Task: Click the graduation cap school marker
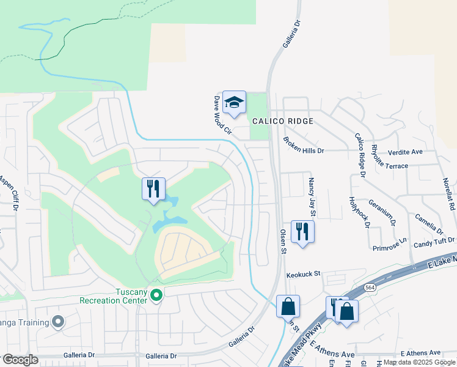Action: (x=233, y=103)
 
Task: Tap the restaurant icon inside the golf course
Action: (x=153, y=188)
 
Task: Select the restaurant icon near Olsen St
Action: (x=302, y=231)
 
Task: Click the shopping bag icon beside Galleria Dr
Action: (x=288, y=306)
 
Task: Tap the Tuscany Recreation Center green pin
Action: (x=156, y=295)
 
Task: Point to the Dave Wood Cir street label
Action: (x=223, y=114)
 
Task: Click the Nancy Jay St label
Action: (x=312, y=198)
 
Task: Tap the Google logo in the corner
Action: (x=20, y=359)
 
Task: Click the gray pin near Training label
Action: (x=59, y=321)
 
